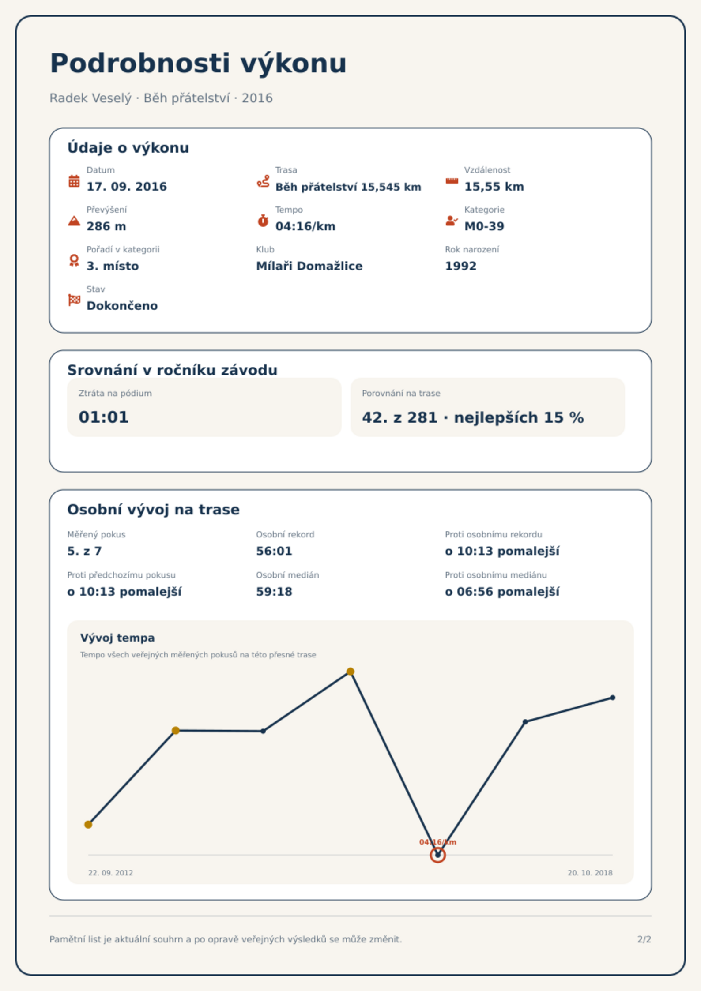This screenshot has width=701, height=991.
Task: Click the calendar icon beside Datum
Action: coord(74,181)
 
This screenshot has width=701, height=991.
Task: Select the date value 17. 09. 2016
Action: coord(127,187)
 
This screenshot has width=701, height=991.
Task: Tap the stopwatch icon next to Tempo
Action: coord(263,221)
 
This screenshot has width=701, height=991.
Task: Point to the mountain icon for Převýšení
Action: coord(74,221)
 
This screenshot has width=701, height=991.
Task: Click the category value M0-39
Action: coord(484,226)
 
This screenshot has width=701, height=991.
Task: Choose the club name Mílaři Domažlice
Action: coord(309,266)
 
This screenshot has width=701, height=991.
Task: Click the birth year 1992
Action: coord(461,266)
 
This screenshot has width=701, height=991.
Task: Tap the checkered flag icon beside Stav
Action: coord(74,300)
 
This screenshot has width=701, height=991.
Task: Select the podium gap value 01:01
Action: coord(104,417)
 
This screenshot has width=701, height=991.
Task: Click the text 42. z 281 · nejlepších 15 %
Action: coord(473,417)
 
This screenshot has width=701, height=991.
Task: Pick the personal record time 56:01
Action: coord(274,551)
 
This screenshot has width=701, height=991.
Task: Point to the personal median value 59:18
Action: coord(274,592)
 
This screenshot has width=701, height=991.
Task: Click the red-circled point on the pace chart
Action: coord(438,855)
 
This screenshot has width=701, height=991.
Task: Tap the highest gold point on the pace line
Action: coord(350,672)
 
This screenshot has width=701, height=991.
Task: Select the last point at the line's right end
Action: coord(613,698)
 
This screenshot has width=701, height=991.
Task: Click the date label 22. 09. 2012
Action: coord(110,873)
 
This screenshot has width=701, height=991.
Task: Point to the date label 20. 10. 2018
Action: coord(590,873)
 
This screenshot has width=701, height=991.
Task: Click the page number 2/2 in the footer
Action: coord(644,939)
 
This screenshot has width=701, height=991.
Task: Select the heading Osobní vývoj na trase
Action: coord(153,510)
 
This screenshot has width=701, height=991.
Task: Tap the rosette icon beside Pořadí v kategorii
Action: coord(74,260)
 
